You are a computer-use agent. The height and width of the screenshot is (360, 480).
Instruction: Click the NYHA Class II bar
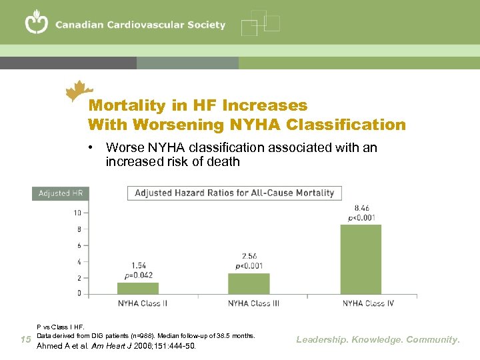138,288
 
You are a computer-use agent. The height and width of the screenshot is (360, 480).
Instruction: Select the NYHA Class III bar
249,283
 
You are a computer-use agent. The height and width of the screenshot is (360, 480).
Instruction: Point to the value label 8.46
363,209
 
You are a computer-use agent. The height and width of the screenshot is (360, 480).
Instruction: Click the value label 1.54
139,266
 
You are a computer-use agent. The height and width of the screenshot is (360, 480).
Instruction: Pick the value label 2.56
249,256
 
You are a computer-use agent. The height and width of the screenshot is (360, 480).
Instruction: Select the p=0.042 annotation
139,275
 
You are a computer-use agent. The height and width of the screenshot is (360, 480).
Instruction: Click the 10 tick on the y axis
77,213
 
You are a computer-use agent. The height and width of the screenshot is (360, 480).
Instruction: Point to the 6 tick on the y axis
79,245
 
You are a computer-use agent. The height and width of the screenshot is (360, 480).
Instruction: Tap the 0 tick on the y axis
79,293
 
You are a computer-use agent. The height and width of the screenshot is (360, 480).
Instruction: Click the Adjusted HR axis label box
59,193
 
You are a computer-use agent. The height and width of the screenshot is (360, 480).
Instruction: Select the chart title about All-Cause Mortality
235,193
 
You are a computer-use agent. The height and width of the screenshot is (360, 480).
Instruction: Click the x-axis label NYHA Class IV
368,303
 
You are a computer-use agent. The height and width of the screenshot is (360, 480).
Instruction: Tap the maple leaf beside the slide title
80,91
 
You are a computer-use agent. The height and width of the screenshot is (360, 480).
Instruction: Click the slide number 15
25,340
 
